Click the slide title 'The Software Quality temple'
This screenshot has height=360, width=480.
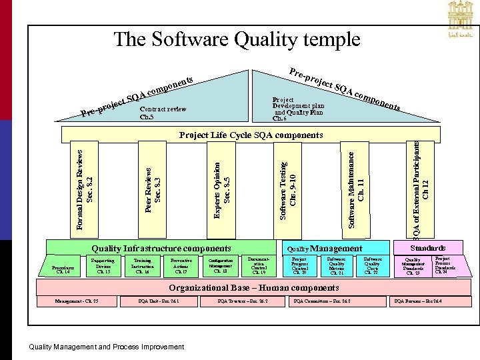point(237,39)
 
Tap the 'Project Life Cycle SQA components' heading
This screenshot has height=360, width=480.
point(251,135)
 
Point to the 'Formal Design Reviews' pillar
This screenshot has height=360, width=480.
point(84,189)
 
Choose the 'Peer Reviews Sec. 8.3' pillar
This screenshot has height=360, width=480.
point(153,189)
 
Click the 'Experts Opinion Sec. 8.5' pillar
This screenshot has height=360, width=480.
point(222,189)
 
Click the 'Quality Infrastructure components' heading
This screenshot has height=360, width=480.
point(162,248)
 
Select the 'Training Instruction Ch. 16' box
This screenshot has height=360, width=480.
point(142,266)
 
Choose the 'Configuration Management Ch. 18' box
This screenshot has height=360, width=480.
point(221,266)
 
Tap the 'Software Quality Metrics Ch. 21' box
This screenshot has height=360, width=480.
point(336,266)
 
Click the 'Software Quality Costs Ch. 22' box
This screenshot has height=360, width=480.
point(372,266)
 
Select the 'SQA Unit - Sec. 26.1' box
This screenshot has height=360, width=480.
point(159,302)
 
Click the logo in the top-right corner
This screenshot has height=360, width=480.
point(455,22)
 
